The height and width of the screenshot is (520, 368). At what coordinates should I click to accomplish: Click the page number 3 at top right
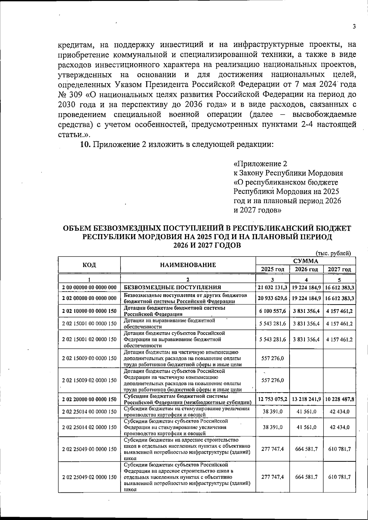(354, 27)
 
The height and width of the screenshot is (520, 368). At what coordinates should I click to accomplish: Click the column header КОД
(89, 265)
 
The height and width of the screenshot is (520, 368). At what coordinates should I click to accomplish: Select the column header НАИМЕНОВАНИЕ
(188, 265)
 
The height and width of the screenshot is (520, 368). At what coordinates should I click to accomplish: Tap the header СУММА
(305, 261)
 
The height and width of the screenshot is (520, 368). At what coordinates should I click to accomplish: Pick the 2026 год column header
(306, 269)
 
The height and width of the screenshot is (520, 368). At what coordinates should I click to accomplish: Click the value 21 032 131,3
(273, 287)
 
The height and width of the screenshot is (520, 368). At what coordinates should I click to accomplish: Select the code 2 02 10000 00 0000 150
(89, 311)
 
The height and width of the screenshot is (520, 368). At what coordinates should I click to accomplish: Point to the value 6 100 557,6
(273, 311)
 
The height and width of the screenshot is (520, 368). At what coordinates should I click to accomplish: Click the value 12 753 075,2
(273, 399)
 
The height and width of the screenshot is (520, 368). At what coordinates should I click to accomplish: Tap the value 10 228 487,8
(339, 399)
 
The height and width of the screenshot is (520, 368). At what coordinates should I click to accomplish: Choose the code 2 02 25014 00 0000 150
(89, 412)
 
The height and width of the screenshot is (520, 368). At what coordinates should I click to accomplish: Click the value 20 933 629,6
(273, 298)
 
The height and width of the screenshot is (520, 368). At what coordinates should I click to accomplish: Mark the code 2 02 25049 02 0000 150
(89, 477)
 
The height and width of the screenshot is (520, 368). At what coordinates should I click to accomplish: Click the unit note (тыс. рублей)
(333, 253)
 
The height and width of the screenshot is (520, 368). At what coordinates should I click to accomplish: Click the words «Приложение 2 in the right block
(260, 163)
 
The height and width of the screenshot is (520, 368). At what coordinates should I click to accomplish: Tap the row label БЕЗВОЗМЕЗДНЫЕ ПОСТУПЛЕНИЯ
(172, 287)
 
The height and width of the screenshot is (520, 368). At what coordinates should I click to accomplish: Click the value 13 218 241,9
(306, 399)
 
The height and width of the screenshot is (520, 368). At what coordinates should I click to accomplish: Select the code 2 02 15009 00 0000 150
(89, 358)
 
